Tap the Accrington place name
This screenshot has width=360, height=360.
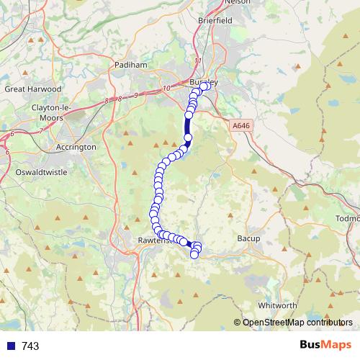(76, 146)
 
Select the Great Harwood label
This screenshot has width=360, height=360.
(33, 89)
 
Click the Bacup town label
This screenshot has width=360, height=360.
(248, 237)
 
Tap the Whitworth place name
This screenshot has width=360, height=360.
(277, 305)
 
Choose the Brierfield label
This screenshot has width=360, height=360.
(214, 22)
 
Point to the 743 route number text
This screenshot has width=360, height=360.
(30, 346)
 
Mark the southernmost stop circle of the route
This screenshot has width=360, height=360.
(194, 254)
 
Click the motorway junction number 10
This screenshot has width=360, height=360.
(166, 88)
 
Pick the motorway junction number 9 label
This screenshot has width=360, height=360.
(135, 95)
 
